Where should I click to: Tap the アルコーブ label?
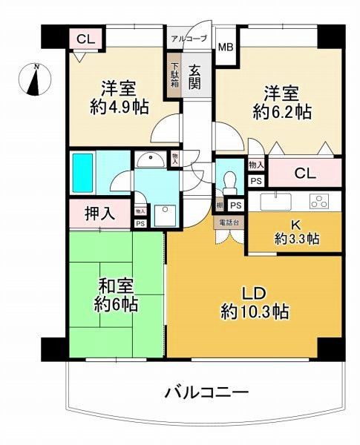tap(189, 37)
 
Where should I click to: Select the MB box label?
tap(225, 47)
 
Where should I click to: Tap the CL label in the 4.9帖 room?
tap(84, 38)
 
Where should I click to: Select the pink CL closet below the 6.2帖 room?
tap(305, 174)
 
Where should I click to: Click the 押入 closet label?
tap(99, 214)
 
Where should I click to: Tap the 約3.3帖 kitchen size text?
tap(295, 239)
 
